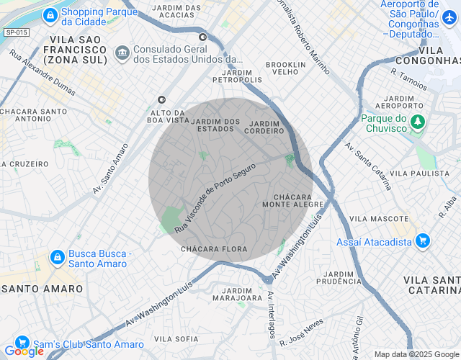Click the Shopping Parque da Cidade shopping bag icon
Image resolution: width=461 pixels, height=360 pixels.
[50, 14]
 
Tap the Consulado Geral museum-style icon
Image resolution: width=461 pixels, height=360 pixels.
[122, 53]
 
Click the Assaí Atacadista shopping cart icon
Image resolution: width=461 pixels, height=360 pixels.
[423, 241]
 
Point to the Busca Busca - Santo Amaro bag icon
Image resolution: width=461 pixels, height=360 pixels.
[56, 257]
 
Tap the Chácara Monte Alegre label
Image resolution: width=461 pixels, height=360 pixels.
[298, 200]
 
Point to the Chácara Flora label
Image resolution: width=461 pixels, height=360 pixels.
[214, 249]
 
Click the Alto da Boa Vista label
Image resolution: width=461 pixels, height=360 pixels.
[170, 117]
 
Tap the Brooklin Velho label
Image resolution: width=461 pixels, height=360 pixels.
[286, 68]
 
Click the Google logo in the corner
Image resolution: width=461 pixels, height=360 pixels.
[23, 351]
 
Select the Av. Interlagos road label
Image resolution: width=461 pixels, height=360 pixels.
[272, 315]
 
